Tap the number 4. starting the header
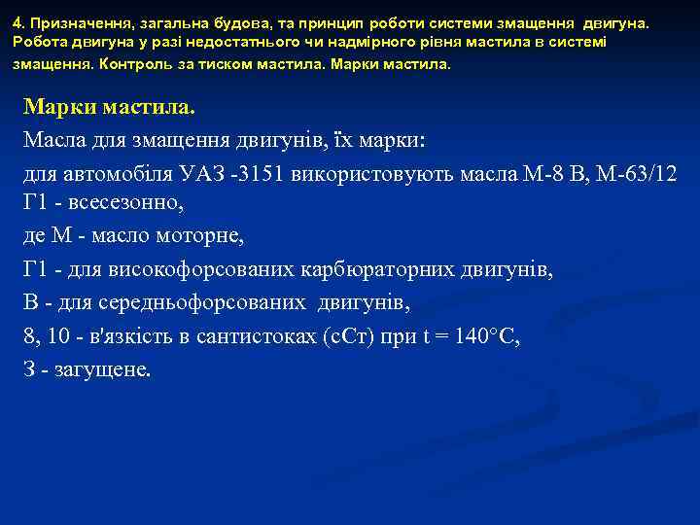pyautogui.click(x=18, y=20)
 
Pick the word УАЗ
pyautogui.click(x=203, y=174)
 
